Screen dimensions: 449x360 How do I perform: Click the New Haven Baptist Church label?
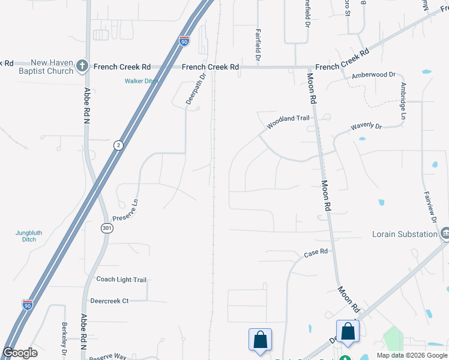pyautogui.click(x=52, y=67)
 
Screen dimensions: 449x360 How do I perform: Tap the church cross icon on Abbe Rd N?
pyautogui.click(x=83, y=67)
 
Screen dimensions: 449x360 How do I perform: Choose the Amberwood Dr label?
pyautogui.click(x=374, y=75)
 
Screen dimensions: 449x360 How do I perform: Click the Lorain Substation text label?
pyautogui.click(x=404, y=234)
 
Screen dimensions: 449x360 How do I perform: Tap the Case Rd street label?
pyautogui.click(x=316, y=253)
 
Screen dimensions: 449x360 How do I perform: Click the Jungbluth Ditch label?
pyautogui.click(x=26, y=236)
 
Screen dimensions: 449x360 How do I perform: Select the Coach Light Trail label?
pyautogui.click(x=121, y=280)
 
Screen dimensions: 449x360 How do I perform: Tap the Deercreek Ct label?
pyautogui.click(x=109, y=301)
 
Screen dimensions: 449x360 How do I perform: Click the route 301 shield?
pyautogui.click(x=106, y=228)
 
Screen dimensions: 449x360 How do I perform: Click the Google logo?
pyautogui.click(x=20, y=353)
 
